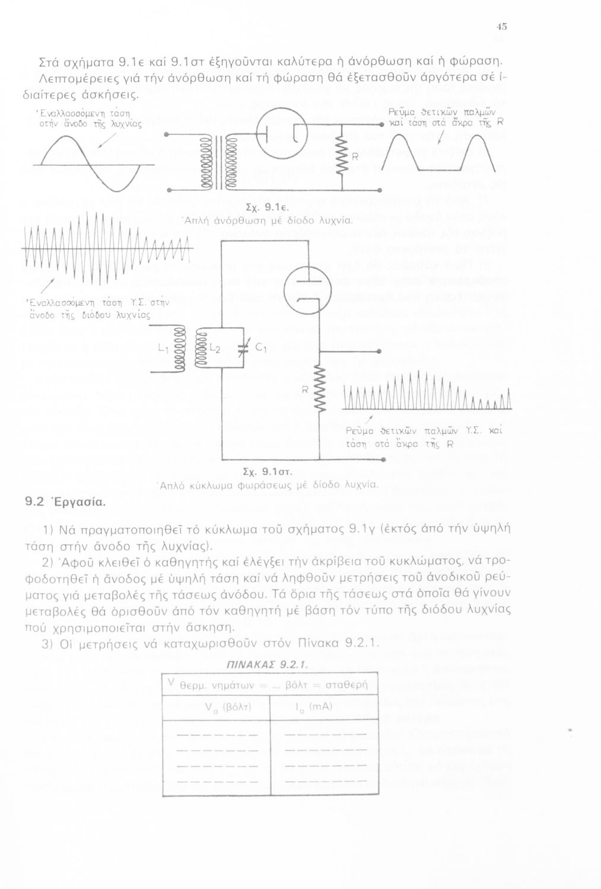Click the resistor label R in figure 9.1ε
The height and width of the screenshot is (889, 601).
click(355, 157)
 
